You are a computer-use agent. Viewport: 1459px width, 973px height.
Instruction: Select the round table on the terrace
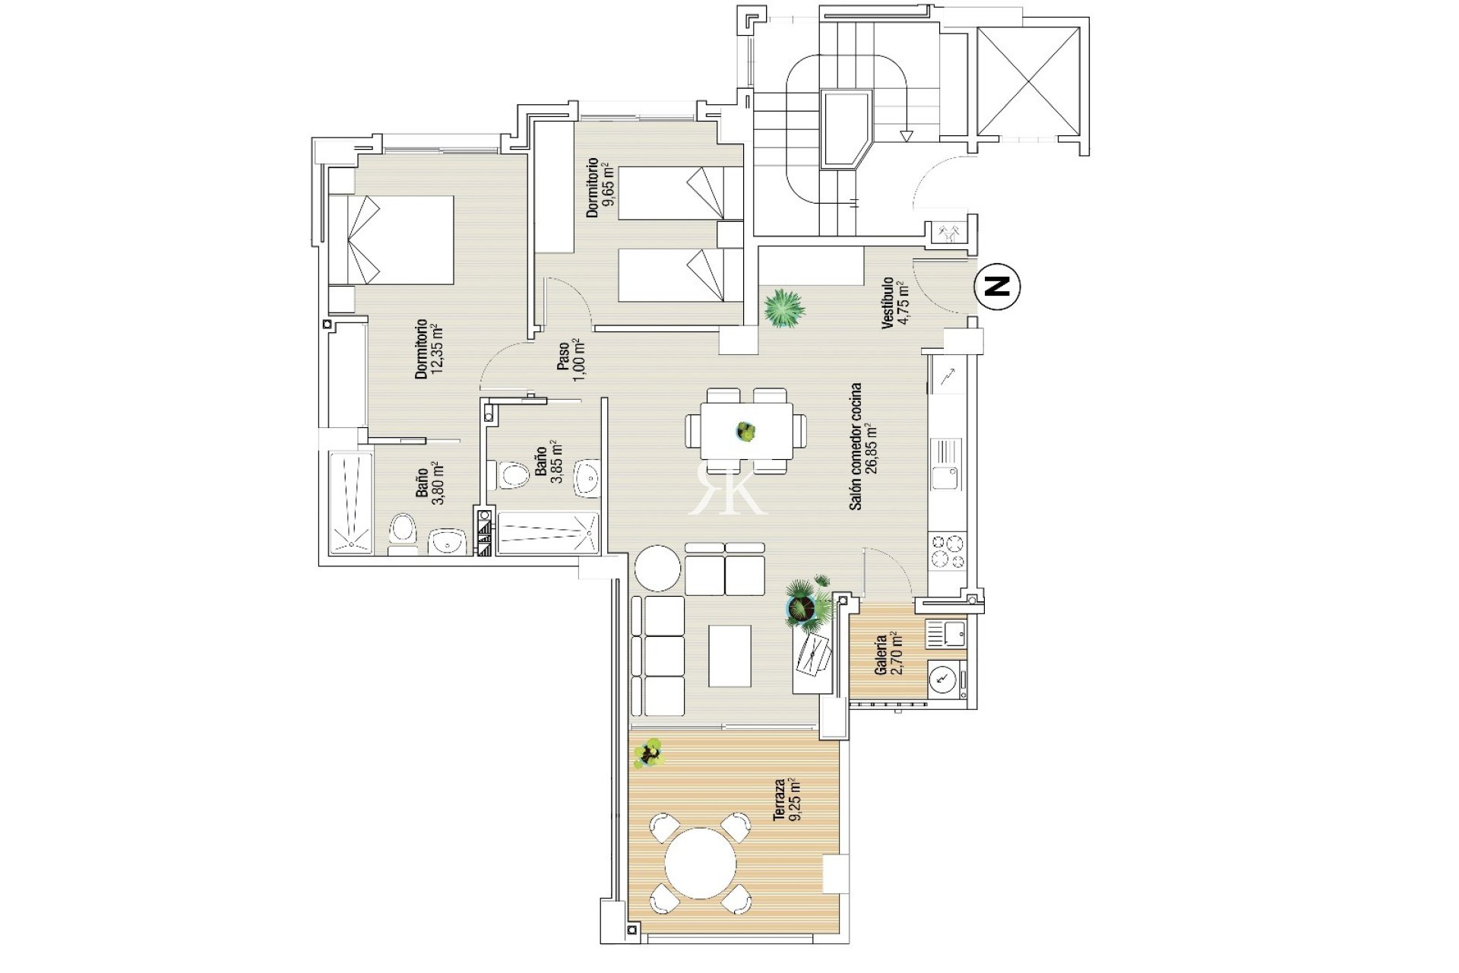pyautogui.click(x=701, y=864)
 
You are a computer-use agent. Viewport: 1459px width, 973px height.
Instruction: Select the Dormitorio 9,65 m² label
pyautogui.click(x=600, y=188)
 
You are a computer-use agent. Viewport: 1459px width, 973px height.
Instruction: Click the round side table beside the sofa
pyautogui.click(x=657, y=568)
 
